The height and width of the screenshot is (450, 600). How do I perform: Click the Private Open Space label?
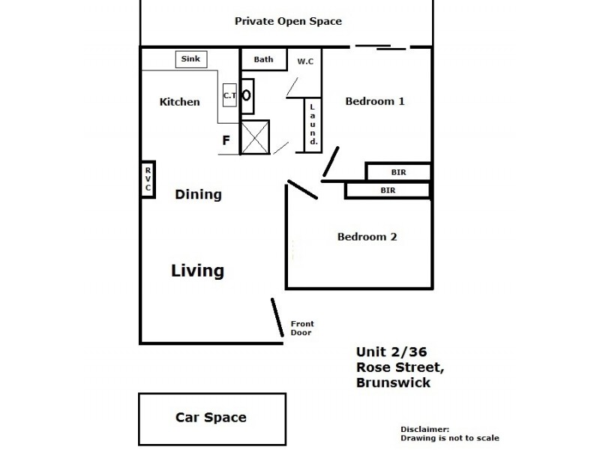pyautogui.click(x=288, y=21)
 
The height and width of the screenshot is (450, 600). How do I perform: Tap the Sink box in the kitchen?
pyautogui.click(x=191, y=59)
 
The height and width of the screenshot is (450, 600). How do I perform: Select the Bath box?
pyautogui.click(x=263, y=59)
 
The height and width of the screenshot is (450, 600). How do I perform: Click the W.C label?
pyautogui.click(x=305, y=61)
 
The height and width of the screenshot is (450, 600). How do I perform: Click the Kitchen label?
pyautogui.click(x=180, y=102)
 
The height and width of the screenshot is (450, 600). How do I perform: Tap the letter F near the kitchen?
pyautogui.click(x=225, y=140)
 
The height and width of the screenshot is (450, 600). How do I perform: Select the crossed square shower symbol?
pyautogui.click(x=255, y=136)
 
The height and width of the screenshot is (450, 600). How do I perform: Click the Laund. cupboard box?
pyautogui.click(x=313, y=124)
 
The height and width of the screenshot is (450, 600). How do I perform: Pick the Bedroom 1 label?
pyautogui.click(x=375, y=101)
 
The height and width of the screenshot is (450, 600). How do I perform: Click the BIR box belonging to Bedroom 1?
pyautogui.click(x=398, y=172)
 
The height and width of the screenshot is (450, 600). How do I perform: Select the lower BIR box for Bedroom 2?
pyautogui.click(x=388, y=190)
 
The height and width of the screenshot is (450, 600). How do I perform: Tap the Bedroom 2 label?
pyautogui.click(x=367, y=237)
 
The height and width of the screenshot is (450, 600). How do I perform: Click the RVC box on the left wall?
pyautogui.click(x=148, y=180)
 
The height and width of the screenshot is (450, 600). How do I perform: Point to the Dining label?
pyautogui.click(x=198, y=195)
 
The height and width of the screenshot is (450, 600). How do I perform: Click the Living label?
pyautogui.click(x=197, y=270)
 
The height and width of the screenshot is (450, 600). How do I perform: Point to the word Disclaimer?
pyautogui.click(x=424, y=428)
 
